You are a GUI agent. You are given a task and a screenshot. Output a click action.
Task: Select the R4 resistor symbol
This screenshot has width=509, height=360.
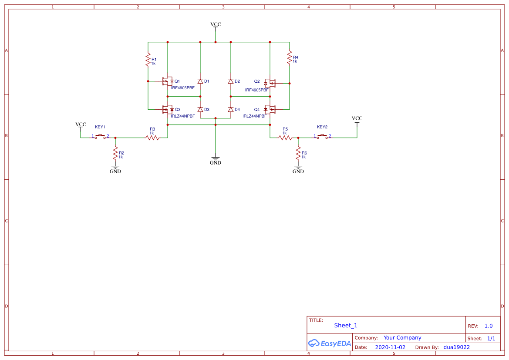289,57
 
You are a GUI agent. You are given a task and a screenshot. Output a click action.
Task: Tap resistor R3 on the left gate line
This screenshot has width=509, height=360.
152,138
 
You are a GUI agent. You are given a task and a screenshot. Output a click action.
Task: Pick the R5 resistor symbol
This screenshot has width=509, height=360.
285,138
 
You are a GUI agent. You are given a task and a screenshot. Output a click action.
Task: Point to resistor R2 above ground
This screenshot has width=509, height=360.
115,153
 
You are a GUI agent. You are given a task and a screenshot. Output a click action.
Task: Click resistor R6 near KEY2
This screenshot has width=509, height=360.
298,153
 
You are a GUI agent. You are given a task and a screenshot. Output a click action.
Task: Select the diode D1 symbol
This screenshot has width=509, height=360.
200,81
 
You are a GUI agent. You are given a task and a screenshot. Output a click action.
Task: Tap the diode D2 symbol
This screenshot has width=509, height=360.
231,81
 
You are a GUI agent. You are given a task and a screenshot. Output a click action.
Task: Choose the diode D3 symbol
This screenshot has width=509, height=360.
200,109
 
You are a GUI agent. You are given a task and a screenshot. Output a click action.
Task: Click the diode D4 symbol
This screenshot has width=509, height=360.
231,109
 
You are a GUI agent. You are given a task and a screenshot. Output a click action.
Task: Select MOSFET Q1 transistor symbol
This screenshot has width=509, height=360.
168,81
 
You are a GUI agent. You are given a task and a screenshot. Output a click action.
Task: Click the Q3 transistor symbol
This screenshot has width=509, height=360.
168,109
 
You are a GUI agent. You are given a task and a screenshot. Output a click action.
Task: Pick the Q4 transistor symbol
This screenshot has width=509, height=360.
270,109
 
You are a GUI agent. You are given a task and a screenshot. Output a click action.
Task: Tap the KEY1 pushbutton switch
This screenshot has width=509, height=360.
100,136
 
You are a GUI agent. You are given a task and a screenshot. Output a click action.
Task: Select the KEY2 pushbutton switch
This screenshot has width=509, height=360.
322,136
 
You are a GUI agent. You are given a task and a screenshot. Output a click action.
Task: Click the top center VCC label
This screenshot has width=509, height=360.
216,24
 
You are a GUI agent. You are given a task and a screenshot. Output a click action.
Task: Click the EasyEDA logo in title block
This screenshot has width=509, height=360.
329,343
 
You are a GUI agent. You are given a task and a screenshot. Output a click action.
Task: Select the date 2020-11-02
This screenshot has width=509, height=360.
390,347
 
